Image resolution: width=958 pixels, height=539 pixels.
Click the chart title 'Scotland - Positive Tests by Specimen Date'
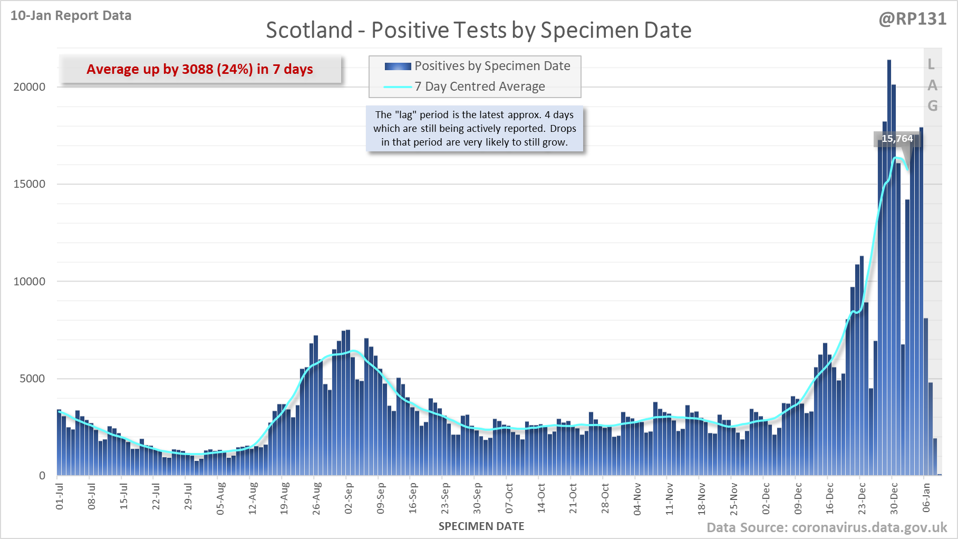click(x=478, y=30)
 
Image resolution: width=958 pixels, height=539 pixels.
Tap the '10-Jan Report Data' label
click(x=71, y=16)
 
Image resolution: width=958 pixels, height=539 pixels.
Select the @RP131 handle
click(x=912, y=19)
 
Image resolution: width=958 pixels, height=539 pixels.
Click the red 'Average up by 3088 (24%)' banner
click(x=200, y=69)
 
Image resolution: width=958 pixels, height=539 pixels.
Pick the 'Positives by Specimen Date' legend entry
click(x=492, y=66)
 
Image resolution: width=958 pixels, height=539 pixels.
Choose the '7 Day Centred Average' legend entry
click(x=479, y=86)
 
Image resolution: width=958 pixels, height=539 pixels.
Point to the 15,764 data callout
click(x=897, y=139)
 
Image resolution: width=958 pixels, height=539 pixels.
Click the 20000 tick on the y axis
click(x=30, y=87)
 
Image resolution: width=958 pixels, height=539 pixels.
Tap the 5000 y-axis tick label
click(x=32, y=379)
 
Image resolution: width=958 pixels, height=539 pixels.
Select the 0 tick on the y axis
click(x=42, y=476)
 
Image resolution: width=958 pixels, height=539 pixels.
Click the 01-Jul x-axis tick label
click(x=60, y=496)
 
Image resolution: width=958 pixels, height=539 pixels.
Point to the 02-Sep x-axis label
click(x=349, y=498)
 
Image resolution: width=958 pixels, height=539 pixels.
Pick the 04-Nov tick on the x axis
click(x=637, y=498)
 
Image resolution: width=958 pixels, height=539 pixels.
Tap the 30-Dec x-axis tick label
click(x=894, y=498)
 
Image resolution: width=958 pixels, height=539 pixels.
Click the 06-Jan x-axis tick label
click(x=926, y=498)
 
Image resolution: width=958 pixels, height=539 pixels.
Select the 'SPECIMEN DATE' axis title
click(x=481, y=526)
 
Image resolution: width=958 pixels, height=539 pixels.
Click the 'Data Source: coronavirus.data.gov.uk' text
click(x=827, y=527)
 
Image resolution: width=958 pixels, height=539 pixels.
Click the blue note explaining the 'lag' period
click(x=475, y=128)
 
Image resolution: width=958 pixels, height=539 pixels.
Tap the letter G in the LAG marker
click(x=932, y=106)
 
